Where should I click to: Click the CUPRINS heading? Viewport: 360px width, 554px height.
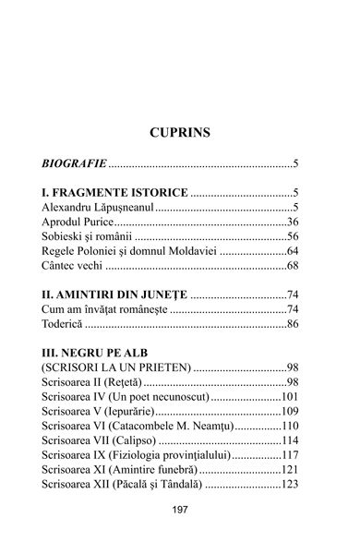pos(180,133)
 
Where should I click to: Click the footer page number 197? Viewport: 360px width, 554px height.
pos(180,534)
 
